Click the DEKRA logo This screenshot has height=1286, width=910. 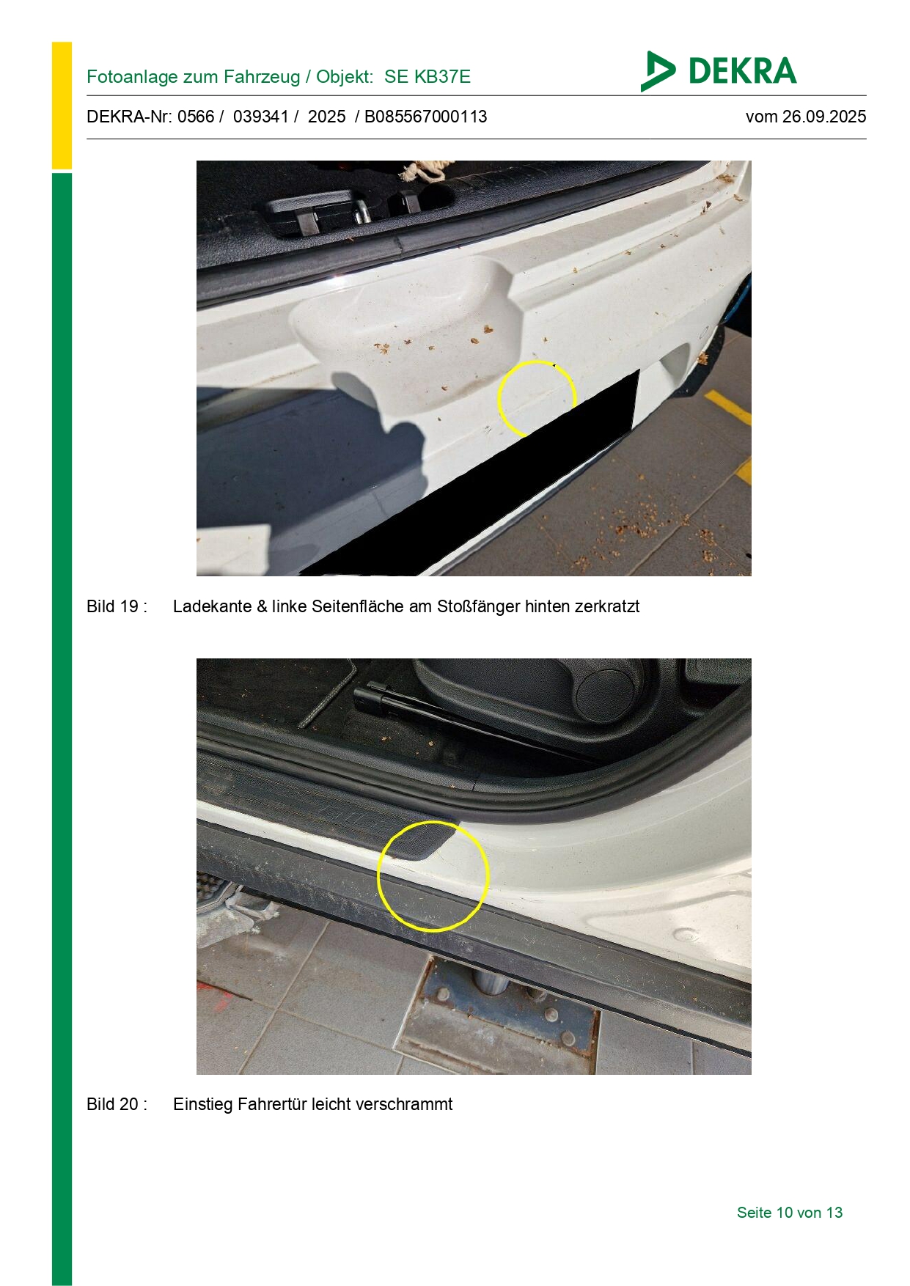[x=718, y=71]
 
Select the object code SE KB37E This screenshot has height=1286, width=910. [x=428, y=77]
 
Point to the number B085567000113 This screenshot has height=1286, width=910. [x=426, y=117]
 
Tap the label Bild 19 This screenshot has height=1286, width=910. [x=117, y=606]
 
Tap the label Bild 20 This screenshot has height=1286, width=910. [x=117, y=1104]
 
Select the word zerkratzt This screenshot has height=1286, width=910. [x=607, y=606]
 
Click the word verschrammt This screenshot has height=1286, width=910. [x=411, y=1104]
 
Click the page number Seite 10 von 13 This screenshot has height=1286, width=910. [x=790, y=1213]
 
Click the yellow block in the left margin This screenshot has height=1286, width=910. [x=62, y=106]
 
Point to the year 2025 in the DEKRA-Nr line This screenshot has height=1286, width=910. [x=326, y=117]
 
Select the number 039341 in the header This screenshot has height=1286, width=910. [x=261, y=117]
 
